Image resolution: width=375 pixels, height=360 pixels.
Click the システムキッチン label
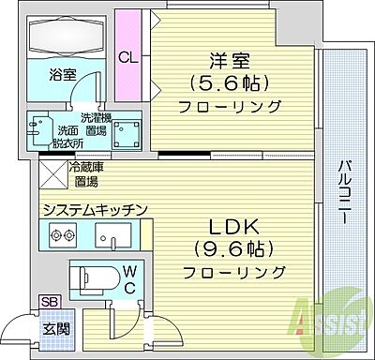pyautogui.click(x=91, y=209)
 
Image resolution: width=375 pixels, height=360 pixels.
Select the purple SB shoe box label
pyautogui.click(x=46, y=302)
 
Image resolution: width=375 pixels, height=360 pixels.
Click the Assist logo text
pyautogui.click(x=332, y=323)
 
